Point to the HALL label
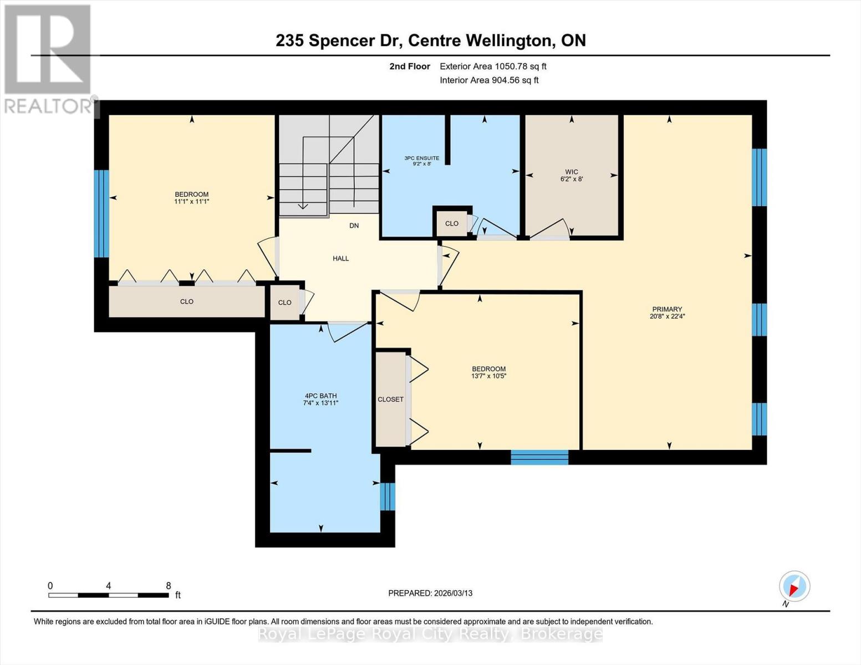point(340,258)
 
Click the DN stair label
point(354,226)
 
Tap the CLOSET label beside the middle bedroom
point(390,399)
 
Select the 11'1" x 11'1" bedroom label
point(191,198)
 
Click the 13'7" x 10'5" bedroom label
point(488,372)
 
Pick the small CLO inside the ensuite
point(451,223)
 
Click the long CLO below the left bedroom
point(186,301)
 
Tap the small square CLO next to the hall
point(284,303)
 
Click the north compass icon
point(794,586)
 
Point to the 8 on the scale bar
point(169,586)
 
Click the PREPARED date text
point(430,593)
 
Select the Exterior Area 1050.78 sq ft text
point(493,66)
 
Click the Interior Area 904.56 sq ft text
point(489,80)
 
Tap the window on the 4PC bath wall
point(388,496)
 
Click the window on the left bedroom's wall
point(101,213)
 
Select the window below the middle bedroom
point(539,457)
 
